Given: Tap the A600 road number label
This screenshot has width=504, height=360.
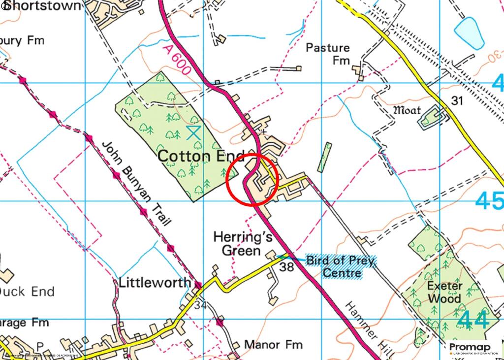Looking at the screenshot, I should tap(175, 59).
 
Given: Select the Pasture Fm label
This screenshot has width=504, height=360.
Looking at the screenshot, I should tap(328, 54).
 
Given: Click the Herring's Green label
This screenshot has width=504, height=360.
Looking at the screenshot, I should tap(236, 244).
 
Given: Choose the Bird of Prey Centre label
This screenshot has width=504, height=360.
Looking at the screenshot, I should tap(342, 266).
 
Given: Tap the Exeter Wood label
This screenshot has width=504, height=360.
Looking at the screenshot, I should tap(444, 292).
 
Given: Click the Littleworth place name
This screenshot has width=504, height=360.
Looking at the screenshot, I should tap(154, 283).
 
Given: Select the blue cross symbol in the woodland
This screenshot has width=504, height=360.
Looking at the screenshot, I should tap(193, 131).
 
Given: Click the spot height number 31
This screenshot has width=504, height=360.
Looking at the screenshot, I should tap(458, 101).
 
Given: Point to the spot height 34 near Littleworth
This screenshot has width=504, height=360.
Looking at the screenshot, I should tap(200, 305).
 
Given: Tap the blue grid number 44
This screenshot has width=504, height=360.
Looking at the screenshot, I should tap(472, 320).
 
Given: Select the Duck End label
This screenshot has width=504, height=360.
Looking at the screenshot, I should tap(27, 292).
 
